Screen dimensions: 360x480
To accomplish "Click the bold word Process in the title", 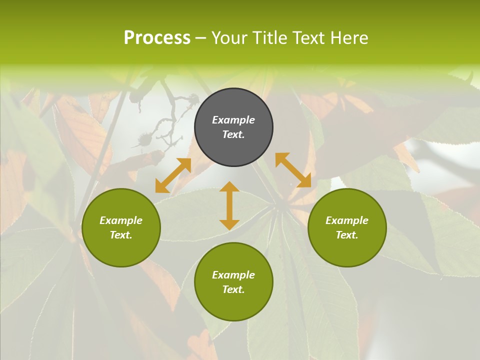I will coord(157,38).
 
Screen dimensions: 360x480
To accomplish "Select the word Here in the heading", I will coord(348,38).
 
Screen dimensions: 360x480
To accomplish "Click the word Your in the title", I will coord(230,38).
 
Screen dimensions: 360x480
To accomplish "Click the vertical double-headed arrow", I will coord(229,205).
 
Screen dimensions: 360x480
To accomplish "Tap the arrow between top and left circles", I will coord(173,175).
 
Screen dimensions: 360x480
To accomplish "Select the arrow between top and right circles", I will coord(293,170).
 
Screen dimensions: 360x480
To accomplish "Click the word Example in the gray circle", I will coord(233,120).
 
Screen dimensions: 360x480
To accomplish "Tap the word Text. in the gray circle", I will coord(233,134).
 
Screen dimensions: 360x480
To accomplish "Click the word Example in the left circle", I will coord(121,220).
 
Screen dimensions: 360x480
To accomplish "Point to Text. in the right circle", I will coord(347,235).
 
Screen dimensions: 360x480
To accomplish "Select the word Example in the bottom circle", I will coord(233,275).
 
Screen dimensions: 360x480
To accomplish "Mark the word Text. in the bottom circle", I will coord(233,289).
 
